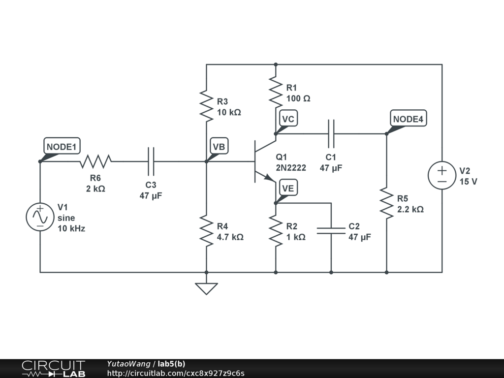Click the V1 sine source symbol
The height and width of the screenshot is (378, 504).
[x=40, y=217]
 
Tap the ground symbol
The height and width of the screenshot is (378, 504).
[x=206, y=288]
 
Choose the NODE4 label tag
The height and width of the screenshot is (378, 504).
[x=409, y=119]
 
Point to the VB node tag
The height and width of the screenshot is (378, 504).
[x=219, y=146]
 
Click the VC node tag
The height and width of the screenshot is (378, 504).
[x=288, y=119]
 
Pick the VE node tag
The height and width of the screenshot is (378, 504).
[x=288, y=188]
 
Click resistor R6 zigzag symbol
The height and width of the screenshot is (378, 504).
[x=95, y=161]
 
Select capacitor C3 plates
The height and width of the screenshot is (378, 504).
[x=151, y=161]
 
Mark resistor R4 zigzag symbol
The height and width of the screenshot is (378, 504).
[x=206, y=230]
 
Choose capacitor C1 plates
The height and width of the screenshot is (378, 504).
[x=331, y=133]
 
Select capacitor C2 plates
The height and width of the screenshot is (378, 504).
[x=331, y=230]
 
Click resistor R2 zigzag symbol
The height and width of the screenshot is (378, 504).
[x=276, y=230]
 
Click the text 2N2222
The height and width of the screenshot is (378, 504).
[x=290, y=168]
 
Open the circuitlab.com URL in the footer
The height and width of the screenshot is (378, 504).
[x=175, y=373]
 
